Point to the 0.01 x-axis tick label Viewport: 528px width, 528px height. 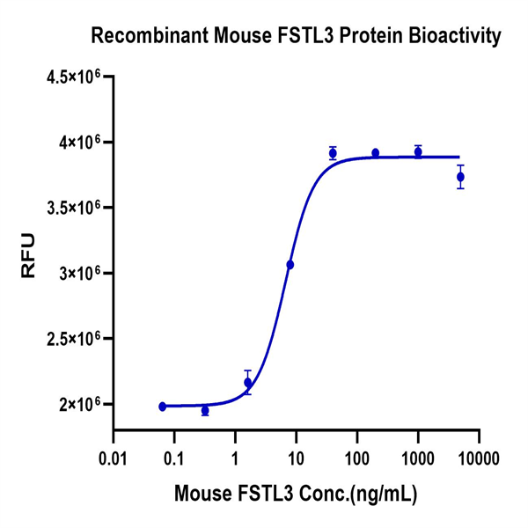point(113,458)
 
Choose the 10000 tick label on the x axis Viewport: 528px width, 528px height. point(480,458)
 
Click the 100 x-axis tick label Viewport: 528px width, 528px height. point(357,458)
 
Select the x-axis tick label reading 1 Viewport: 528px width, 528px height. point(235,458)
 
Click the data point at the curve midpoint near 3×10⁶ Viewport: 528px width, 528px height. point(290,264)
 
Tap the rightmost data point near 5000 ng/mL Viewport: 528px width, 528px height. point(460,177)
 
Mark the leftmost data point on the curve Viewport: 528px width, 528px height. point(162,407)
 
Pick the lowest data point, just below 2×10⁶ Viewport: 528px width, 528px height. point(205,411)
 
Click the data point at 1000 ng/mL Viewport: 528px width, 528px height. point(418,152)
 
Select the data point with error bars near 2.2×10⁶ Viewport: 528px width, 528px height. point(248,382)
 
